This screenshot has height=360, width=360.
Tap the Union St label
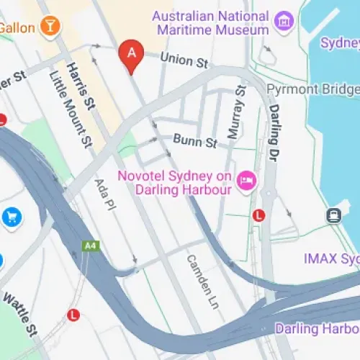click(184, 60)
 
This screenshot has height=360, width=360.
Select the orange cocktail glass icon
click(51, 27)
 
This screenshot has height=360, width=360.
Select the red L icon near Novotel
click(259, 215)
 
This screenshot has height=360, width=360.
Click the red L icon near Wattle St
click(73, 315)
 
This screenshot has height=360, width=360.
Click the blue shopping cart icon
click(12, 216)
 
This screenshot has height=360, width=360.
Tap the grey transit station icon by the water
click(333, 215)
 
